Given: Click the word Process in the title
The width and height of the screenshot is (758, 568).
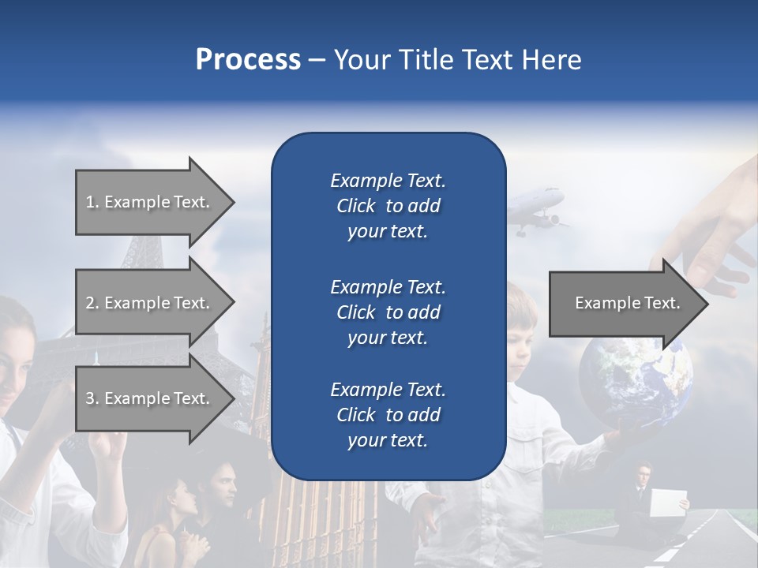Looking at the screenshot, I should tap(248, 60).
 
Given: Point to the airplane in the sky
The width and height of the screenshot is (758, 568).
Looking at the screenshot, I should tap(536, 210).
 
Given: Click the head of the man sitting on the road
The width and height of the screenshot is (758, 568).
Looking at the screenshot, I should tap(645, 475).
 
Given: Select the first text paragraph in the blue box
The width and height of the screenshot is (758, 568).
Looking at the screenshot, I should tap(388, 206).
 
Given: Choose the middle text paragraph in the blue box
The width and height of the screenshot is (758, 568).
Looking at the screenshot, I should tap(388, 312).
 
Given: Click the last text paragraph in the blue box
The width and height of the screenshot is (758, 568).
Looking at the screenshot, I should tap(388, 415).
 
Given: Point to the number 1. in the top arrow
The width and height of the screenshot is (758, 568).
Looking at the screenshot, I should tap(92, 202).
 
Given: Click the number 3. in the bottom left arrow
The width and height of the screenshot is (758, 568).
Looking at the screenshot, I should tap(92, 398).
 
